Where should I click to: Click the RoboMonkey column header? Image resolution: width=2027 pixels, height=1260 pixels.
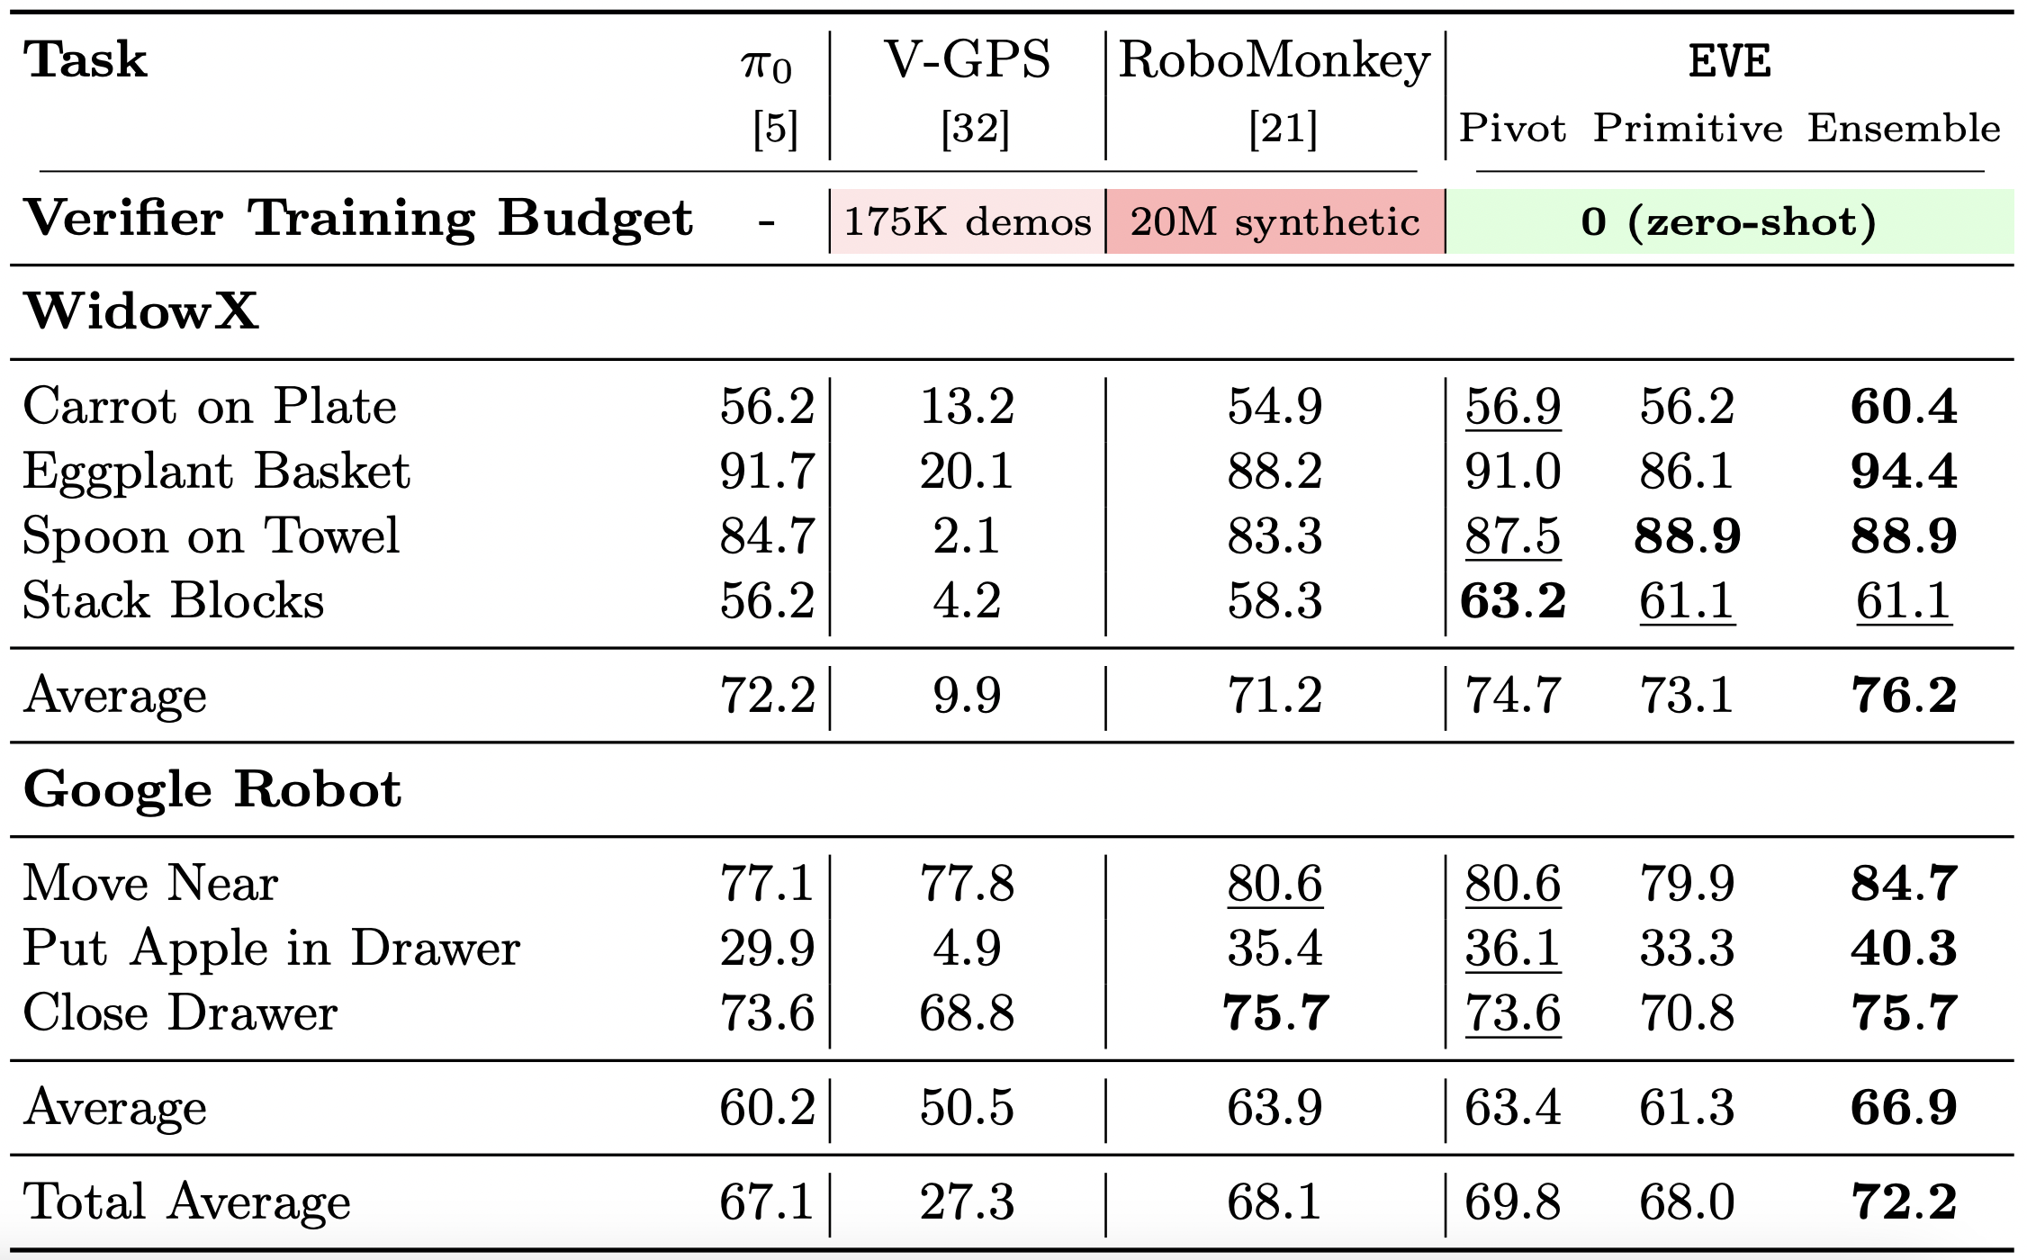point(1274,63)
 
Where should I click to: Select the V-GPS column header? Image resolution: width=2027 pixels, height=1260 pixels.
point(968,60)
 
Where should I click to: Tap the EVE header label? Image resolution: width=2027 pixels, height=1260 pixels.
point(1729,62)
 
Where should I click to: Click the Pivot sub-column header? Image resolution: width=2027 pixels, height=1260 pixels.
point(1512,128)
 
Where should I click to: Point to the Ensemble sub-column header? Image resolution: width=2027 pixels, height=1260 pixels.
point(1904,128)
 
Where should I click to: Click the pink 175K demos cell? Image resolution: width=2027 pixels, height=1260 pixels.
point(968,221)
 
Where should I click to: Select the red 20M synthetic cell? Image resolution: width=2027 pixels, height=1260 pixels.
point(1275,221)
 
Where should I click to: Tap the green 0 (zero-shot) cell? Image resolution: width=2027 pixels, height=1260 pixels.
point(1729,221)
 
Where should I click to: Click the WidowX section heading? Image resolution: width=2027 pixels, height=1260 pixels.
point(141,311)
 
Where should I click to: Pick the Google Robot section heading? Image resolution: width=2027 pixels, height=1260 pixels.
point(212,789)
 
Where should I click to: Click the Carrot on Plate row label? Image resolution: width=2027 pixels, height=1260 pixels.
point(210,406)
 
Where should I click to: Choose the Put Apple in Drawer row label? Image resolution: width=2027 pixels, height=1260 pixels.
point(272,948)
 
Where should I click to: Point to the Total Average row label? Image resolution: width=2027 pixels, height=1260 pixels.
point(187,1201)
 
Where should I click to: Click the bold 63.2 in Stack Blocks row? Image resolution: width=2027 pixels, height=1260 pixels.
point(1513,600)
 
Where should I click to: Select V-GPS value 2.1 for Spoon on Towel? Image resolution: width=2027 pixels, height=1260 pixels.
point(967,535)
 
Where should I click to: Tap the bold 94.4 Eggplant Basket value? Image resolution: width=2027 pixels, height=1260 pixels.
point(1904,471)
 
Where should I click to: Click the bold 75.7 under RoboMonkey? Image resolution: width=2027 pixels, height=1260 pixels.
point(1275,1012)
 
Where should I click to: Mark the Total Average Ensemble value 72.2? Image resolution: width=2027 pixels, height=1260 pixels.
point(1904,1201)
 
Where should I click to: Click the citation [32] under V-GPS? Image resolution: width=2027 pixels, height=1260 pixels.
point(975,129)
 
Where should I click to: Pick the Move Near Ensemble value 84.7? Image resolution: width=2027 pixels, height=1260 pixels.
point(1904,883)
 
